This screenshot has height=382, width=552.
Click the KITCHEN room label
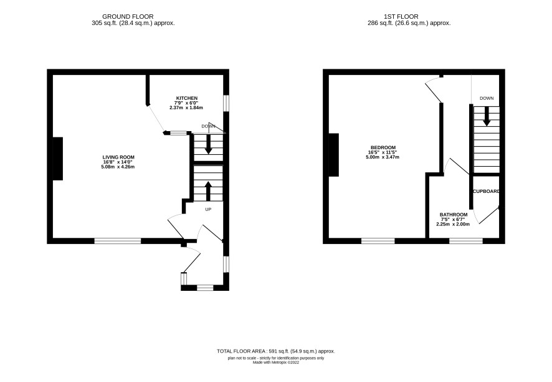[186, 98]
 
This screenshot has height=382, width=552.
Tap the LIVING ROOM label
[118, 157]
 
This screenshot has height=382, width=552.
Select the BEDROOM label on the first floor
[383, 147]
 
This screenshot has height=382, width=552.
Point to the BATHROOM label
[454, 215]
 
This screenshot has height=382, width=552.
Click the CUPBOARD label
[486, 191]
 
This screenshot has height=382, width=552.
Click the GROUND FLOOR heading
[128, 17]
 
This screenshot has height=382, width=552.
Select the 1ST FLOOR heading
[401, 17]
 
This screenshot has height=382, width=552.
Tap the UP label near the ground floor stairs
[208, 210]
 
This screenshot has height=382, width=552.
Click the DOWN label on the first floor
[487, 99]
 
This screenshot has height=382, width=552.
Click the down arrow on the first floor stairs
[487, 116]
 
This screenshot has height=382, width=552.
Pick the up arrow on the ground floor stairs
[208, 191]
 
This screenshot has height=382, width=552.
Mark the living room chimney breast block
[58, 159]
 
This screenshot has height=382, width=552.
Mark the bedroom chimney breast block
[334, 155]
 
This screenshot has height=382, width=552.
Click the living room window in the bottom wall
[118, 241]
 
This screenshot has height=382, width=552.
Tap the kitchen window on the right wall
[226, 103]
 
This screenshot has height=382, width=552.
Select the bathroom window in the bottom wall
[466, 241]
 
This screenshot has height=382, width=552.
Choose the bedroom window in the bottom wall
[378, 241]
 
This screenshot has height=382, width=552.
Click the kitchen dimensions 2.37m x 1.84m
[186, 107]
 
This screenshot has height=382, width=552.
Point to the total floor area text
[275, 351]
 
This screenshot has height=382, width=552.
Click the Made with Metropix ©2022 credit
[276, 362]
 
